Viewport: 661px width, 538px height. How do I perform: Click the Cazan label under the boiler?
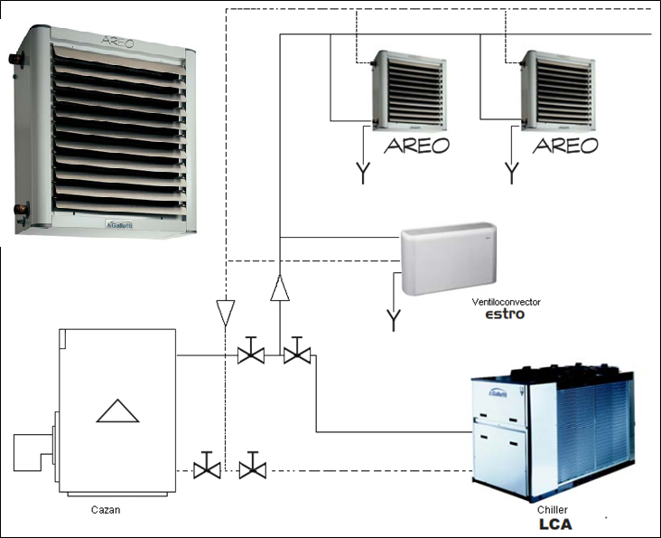point(106,510)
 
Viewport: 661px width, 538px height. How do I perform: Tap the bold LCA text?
point(555,524)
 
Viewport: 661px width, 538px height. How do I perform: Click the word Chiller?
point(553,509)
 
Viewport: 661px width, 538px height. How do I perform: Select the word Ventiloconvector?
point(506,302)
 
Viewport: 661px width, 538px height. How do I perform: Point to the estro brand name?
point(505,315)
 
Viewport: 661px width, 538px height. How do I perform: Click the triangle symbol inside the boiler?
point(117,411)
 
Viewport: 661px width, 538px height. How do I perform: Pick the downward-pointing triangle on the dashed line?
point(225,313)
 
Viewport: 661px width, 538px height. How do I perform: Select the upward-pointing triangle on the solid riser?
point(280,288)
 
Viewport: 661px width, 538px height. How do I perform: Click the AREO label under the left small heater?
point(416,146)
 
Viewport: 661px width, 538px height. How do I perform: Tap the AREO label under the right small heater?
point(565,146)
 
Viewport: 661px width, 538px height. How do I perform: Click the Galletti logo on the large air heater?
point(119,224)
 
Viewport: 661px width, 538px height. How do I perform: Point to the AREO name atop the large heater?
point(117,42)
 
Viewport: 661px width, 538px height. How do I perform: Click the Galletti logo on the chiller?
point(498,393)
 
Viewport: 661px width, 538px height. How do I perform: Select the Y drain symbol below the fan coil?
point(394,320)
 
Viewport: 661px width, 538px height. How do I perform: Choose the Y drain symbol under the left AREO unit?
point(363,173)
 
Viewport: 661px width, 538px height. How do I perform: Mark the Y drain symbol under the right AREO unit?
point(511,173)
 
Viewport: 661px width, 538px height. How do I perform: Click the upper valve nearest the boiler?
point(251,351)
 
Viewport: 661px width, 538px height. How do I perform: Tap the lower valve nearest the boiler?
point(207,466)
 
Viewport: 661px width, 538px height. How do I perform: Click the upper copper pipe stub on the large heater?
point(16,58)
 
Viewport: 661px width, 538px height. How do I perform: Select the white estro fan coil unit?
point(448,259)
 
